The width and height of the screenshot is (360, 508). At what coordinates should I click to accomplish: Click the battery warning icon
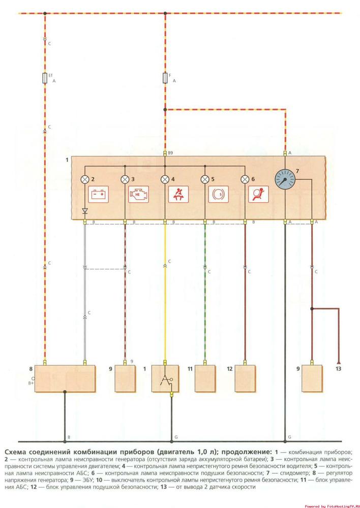[99, 195]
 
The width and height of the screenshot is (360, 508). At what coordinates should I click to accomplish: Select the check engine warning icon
[138, 195]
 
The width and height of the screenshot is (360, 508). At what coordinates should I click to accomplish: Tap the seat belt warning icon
[178, 195]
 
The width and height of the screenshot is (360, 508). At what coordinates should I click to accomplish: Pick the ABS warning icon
[218, 195]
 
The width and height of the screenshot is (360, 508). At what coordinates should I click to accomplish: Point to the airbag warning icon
[258, 195]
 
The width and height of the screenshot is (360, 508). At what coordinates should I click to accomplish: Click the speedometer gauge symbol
[285, 180]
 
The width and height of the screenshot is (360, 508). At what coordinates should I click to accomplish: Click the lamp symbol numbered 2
[85, 179]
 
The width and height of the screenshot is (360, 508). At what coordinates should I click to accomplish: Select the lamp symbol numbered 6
[245, 179]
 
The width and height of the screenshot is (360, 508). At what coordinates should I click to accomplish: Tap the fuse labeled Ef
[45, 78]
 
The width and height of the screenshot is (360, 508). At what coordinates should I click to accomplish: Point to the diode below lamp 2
[85, 210]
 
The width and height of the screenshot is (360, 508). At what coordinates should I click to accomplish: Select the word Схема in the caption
[16, 451]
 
